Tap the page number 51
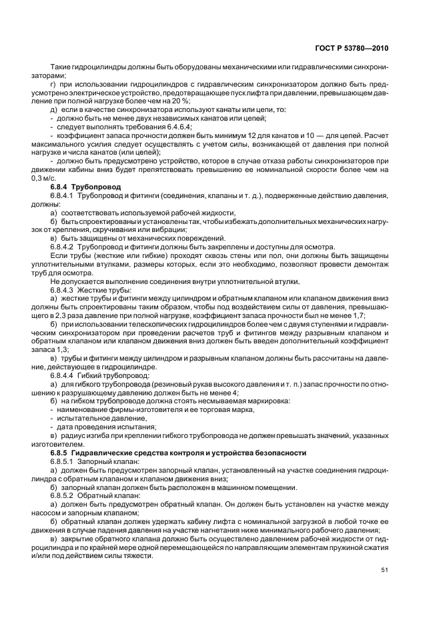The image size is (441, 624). tap(385, 569)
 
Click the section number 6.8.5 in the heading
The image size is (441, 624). tap(61, 453)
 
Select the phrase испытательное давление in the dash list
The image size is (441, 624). tap(92, 418)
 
